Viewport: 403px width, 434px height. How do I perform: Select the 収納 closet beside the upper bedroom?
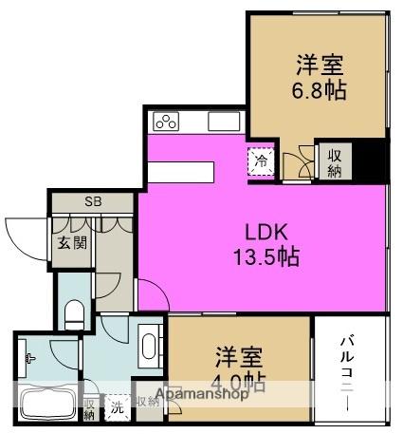pyautogui.click(x=336, y=160)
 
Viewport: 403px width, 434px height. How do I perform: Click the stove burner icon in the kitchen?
pyautogui.click(x=167, y=123)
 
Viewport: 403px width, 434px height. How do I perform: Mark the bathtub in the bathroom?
pyautogui.click(x=46, y=405)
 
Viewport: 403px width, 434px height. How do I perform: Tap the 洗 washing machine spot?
pyautogui.click(x=117, y=406)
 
